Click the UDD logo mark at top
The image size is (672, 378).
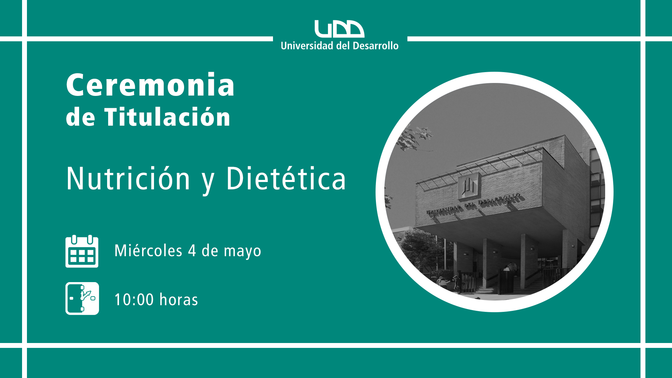(339, 29)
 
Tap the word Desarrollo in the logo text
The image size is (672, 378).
(376, 45)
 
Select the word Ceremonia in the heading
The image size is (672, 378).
(150, 85)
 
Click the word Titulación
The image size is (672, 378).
(167, 117)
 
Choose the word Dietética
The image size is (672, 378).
(286, 178)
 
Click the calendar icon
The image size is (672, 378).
(82, 251)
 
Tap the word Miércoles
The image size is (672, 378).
(148, 251)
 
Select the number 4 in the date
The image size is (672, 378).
(192, 251)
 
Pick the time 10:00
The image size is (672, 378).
(134, 300)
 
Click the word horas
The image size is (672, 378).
(178, 299)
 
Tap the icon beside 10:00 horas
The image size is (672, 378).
(82, 299)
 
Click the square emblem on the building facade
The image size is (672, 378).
(468, 185)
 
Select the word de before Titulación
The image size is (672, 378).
(80, 117)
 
